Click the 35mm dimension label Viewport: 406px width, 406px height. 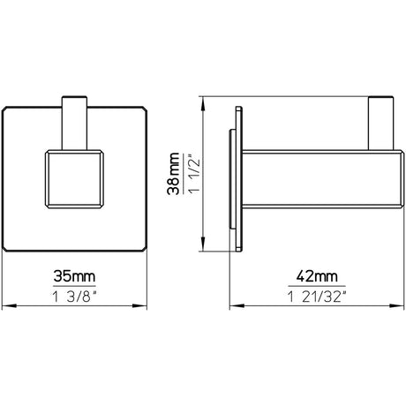[74, 276]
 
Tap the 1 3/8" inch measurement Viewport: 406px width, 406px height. [74, 297]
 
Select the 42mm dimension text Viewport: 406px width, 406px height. [317, 276]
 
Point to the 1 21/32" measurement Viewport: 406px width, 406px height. [317, 297]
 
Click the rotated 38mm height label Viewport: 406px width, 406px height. [173, 174]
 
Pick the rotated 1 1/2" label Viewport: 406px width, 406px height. [194, 174]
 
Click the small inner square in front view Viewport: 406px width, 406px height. [74, 179]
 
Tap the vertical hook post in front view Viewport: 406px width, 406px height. [74, 124]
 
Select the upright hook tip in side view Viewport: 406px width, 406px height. [381, 124]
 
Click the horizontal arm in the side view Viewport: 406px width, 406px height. [323, 179]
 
